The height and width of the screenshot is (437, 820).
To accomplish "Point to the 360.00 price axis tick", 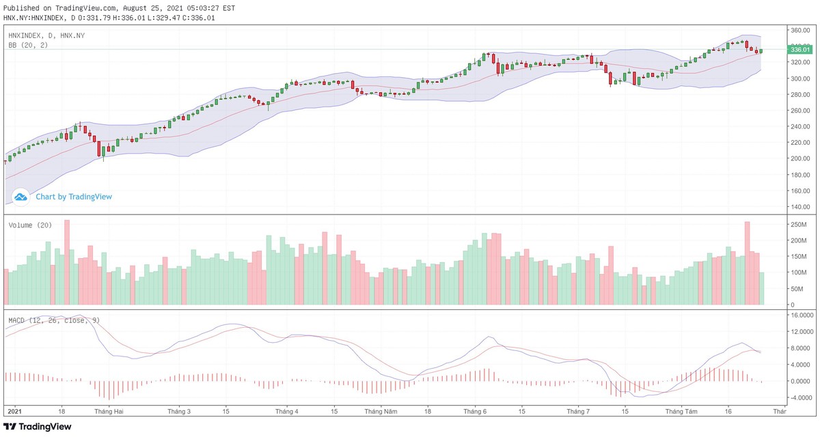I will click(x=799, y=31).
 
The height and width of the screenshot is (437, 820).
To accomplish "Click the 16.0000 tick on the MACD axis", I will click(x=801, y=315).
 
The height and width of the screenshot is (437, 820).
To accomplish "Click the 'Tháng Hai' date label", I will click(x=109, y=412).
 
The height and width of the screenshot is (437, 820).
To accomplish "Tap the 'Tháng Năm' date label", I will click(x=381, y=412).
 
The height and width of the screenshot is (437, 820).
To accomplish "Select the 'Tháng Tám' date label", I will click(x=681, y=412).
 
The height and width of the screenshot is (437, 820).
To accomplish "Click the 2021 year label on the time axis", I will click(x=14, y=412).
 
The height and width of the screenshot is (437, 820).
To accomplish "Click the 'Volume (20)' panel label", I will click(x=30, y=225).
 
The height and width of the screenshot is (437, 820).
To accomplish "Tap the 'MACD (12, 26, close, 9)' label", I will click(x=54, y=320).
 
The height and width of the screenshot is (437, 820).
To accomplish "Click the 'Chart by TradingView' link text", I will click(x=74, y=197).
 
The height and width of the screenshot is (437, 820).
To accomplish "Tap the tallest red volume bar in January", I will click(x=67, y=262).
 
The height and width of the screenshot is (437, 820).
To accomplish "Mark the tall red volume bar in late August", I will click(x=747, y=263).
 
